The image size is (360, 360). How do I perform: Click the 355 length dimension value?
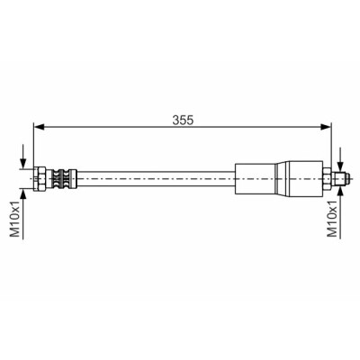(183, 120)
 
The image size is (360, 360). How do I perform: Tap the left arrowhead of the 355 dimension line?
(39, 127)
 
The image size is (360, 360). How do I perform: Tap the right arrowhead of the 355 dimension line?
(326, 127)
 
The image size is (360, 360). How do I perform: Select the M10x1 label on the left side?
(15, 220)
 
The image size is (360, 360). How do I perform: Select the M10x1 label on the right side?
(333, 220)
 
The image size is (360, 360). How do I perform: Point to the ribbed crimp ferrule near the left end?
(64, 179)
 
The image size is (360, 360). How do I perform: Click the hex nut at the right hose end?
(327, 179)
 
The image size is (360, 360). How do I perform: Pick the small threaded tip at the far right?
(341, 179)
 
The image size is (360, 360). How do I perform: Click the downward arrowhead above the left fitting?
(22, 164)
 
